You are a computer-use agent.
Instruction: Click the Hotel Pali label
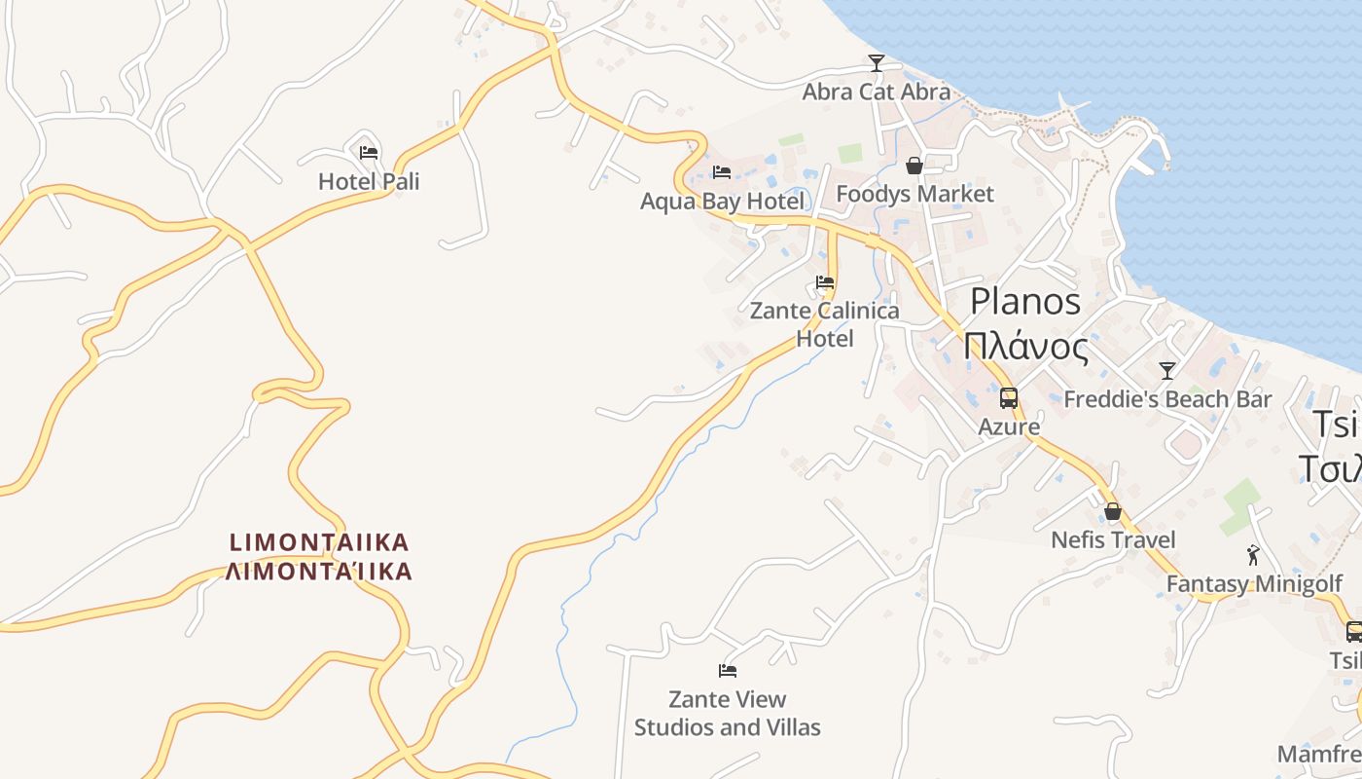[x=369, y=181]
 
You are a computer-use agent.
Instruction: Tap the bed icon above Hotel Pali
[x=368, y=152]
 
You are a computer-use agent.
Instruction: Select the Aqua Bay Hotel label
[x=722, y=202]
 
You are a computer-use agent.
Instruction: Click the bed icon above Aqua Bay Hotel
[x=722, y=172]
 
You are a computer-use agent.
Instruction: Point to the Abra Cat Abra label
[x=876, y=92]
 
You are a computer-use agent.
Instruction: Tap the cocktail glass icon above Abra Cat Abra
[x=877, y=63]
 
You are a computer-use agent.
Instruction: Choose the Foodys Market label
[x=914, y=194]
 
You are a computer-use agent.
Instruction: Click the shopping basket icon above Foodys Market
[x=914, y=166]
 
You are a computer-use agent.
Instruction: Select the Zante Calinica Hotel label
[x=825, y=324]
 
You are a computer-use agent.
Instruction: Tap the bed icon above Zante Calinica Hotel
[x=825, y=283]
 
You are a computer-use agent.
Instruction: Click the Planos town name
[x=1025, y=301]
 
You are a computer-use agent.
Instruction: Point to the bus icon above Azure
[x=1009, y=398]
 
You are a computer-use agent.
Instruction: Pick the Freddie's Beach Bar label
[x=1167, y=399]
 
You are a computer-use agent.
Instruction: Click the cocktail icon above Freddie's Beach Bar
[x=1167, y=371]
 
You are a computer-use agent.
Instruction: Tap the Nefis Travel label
[x=1113, y=539]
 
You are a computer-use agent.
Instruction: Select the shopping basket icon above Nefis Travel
[x=1113, y=511]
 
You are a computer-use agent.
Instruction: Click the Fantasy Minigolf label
[x=1253, y=584]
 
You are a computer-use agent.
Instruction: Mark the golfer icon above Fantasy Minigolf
[x=1253, y=555]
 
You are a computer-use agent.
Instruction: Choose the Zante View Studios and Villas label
[x=728, y=713]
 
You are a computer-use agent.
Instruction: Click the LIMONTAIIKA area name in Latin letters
[x=319, y=541]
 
